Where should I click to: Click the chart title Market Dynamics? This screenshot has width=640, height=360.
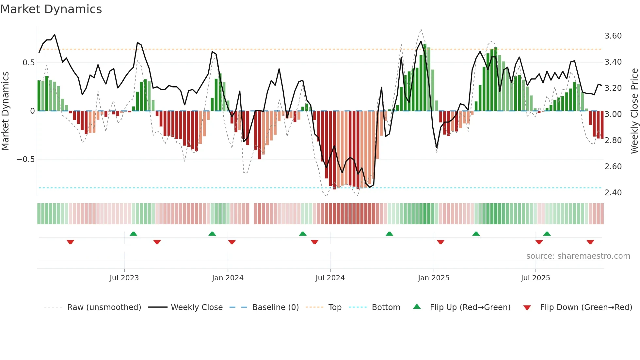click(x=51, y=9)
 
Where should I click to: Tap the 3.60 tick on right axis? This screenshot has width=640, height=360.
click(x=613, y=36)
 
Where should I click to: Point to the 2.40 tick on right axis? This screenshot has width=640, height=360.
click(x=613, y=193)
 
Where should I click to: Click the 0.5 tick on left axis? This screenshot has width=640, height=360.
click(x=28, y=63)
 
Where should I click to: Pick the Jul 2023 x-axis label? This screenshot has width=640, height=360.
click(x=124, y=278)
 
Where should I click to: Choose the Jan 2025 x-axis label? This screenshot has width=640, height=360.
click(x=433, y=278)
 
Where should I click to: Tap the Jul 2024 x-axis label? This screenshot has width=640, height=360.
click(x=330, y=278)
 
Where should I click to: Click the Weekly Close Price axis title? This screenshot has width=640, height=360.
click(x=634, y=111)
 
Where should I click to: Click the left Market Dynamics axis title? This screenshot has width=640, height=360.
click(x=5, y=111)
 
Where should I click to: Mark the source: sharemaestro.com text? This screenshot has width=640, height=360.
click(x=578, y=256)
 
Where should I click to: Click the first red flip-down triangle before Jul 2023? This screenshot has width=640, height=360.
click(x=70, y=242)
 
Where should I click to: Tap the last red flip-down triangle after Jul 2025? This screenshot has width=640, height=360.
click(x=590, y=242)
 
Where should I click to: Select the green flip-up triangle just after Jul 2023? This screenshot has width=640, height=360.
click(x=133, y=234)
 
